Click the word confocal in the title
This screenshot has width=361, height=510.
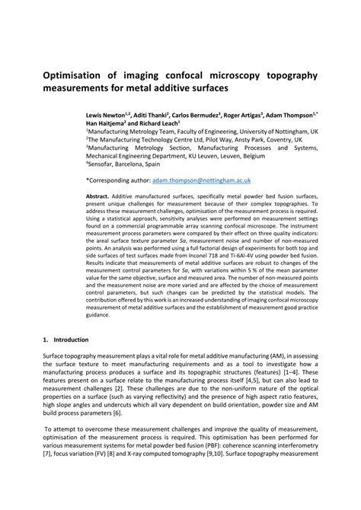[x=213, y=75]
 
